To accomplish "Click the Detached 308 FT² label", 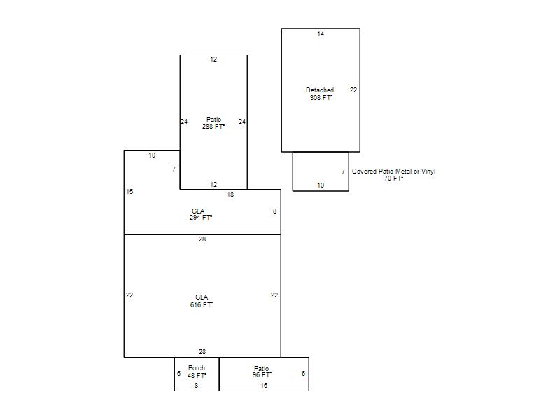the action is [x=320, y=94].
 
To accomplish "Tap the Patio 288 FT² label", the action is [x=213, y=123].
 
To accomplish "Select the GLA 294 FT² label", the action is [x=201, y=214].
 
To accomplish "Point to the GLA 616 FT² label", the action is [x=202, y=301].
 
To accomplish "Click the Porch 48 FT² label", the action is [x=197, y=372].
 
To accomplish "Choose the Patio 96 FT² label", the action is [x=262, y=372].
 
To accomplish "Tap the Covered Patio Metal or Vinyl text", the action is [x=393, y=171].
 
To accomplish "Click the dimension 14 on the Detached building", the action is [x=321, y=34].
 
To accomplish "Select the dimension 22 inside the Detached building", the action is [x=353, y=90].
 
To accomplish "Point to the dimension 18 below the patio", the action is [x=230, y=195].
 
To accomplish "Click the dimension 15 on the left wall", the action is [x=129, y=192].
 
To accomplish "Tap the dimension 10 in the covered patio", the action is [x=321, y=185].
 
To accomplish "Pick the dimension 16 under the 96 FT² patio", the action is [x=264, y=386].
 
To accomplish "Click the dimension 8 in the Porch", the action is [x=197, y=386].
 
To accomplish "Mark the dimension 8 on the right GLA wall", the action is [x=274, y=211].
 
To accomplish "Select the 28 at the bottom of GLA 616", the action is [x=202, y=352].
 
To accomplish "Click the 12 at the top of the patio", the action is [x=213, y=59].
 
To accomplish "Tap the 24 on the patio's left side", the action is [x=184, y=121].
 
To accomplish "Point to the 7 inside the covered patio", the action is [x=343, y=171].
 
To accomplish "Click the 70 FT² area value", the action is [x=393, y=178].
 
